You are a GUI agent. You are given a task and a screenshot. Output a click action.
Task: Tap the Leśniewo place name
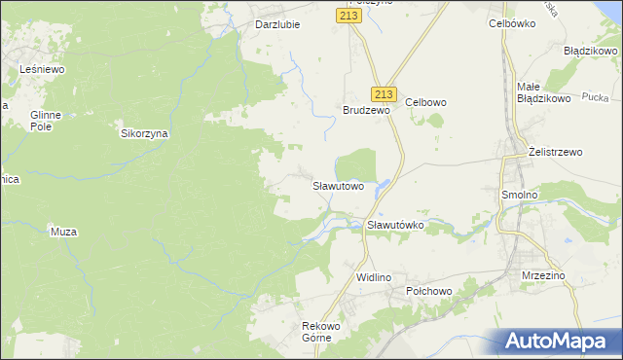click(x=42, y=69)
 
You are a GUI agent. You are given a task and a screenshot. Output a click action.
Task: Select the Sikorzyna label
click(x=144, y=134)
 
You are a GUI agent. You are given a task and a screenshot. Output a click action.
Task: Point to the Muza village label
click(x=62, y=232)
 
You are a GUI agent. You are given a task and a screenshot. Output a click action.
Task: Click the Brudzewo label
click(x=366, y=111)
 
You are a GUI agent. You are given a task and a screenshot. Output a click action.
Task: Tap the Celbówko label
click(x=512, y=22)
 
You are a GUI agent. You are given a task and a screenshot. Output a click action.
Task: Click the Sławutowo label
click(x=338, y=185)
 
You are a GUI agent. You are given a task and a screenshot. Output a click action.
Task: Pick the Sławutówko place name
click(x=395, y=225)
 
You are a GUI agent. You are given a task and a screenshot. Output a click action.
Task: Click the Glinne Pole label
click(x=46, y=121)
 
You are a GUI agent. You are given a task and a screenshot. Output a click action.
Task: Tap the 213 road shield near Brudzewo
click(x=384, y=93)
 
